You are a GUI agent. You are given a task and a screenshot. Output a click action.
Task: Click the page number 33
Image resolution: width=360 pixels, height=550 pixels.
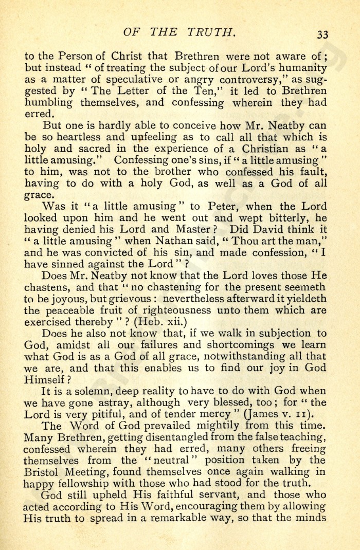[x=322, y=34]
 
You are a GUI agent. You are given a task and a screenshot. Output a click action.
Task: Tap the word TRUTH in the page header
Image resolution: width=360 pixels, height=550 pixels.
[x=211, y=32]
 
